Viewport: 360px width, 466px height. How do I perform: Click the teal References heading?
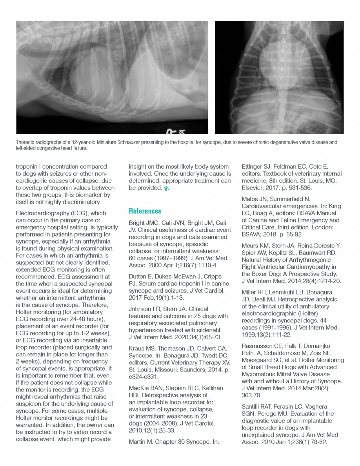(x=145, y=211)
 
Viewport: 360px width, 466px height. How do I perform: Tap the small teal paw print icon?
(x=167, y=188)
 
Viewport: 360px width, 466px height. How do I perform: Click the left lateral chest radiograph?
(x=112, y=78)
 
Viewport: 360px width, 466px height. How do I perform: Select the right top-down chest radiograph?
(x=279, y=78)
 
